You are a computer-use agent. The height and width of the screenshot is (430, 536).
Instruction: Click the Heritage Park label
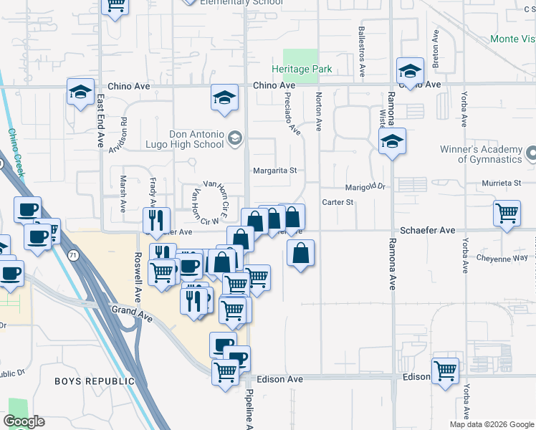pos(301,70)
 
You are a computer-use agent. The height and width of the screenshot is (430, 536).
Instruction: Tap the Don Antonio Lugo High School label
pos(196,139)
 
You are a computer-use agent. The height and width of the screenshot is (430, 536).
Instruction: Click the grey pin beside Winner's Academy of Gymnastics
pos(531,153)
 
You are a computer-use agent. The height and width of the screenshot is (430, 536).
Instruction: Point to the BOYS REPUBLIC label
pos(95,381)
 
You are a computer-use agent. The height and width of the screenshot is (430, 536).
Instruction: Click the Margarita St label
pos(274,171)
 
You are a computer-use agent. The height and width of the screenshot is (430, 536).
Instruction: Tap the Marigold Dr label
pos(366,186)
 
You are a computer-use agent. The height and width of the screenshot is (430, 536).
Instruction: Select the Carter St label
pos(338,202)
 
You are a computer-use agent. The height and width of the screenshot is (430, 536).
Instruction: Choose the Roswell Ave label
pos(137,277)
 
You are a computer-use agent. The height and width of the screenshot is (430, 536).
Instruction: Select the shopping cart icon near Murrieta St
pos(507,213)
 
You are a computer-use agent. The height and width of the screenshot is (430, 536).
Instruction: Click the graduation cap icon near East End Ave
pos(80,92)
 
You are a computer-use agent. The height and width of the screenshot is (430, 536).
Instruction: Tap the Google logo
pos(24,421)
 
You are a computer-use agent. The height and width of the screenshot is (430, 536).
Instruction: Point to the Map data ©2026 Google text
pos(491,424)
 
